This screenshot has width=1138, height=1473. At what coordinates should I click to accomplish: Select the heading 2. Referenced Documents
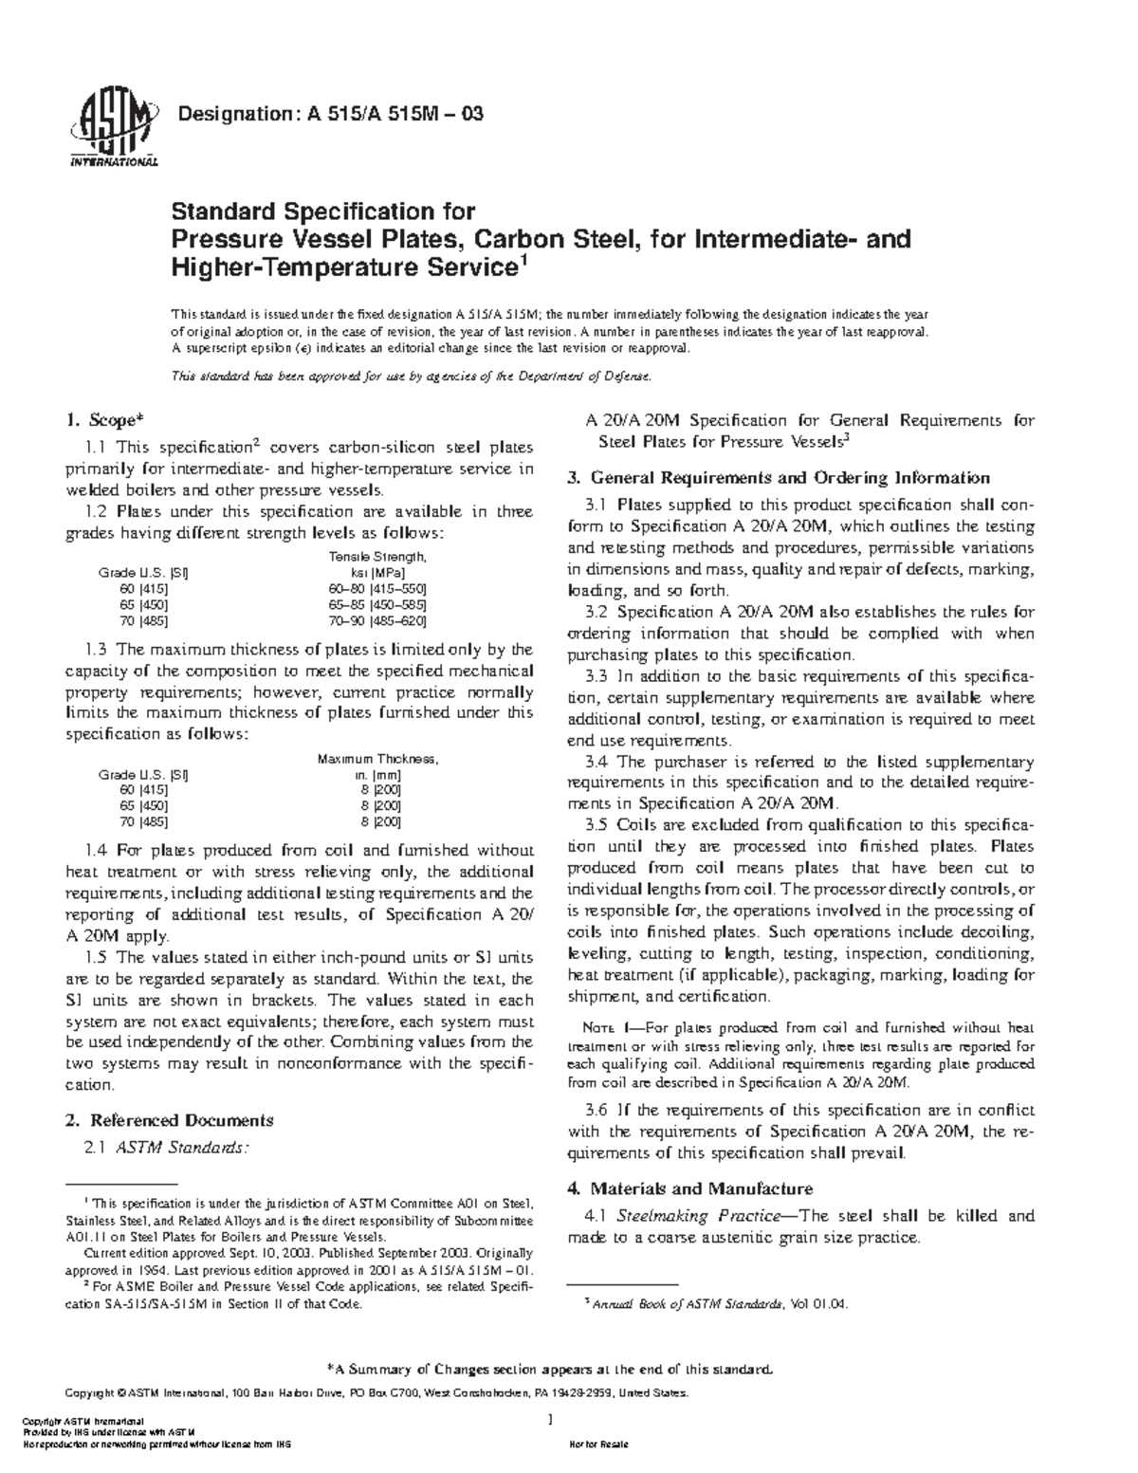tap(169, 1120)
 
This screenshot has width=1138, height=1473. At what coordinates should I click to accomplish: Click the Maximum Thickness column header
tap(377, 759)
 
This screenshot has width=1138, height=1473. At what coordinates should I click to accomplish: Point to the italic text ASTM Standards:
tap(181, 1148)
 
